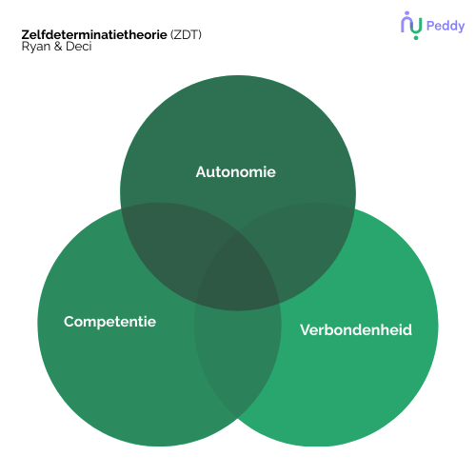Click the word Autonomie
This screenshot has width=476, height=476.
(236, 172)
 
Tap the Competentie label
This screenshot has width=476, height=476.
(109, 322)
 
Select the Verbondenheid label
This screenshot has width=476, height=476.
(356, 329)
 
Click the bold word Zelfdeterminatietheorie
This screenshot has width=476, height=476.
(94, 34)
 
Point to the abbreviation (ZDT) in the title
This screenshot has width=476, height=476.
(186, 34)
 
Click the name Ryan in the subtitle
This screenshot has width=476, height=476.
(36, 47)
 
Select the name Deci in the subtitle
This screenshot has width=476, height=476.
(79, 47)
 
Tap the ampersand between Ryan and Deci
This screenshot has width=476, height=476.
(58, 47)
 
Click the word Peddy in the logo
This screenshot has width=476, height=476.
(446, 27)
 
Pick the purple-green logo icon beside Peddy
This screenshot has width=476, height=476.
(411, 26)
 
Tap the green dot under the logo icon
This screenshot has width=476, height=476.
(416, 37)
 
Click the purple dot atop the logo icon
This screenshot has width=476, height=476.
(407, 13)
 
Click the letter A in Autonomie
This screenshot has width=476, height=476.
(202, 172)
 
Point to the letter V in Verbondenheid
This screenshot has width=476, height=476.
(306, 329)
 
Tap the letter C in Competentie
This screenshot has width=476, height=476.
(69, 322)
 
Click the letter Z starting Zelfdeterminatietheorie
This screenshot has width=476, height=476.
(25, 34)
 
